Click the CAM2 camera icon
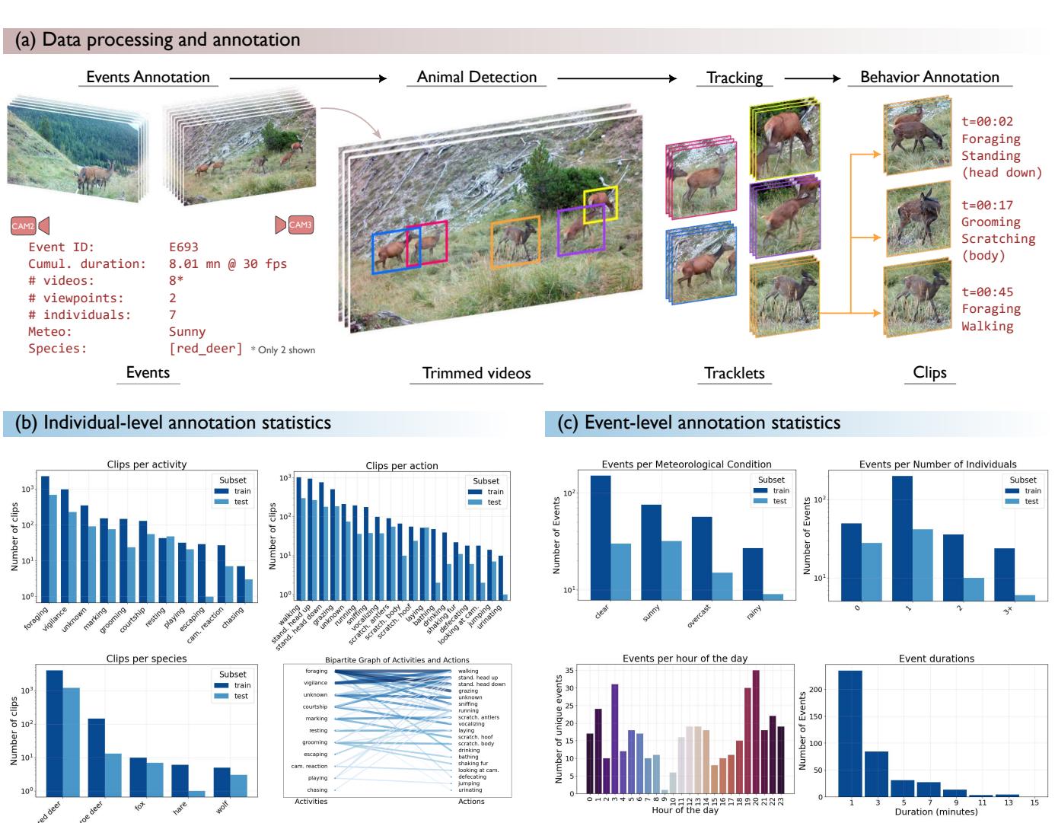tap(30, 225)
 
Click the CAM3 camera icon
tap(295, 225)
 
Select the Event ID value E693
tap(183, 247)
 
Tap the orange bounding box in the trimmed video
tap(515, 242)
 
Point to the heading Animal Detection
tap(477, 77)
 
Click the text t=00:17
tap(986, 205)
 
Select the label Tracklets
tap(734, 372)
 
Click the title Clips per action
tap(401, 465)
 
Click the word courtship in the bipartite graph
tap(315, 707)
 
